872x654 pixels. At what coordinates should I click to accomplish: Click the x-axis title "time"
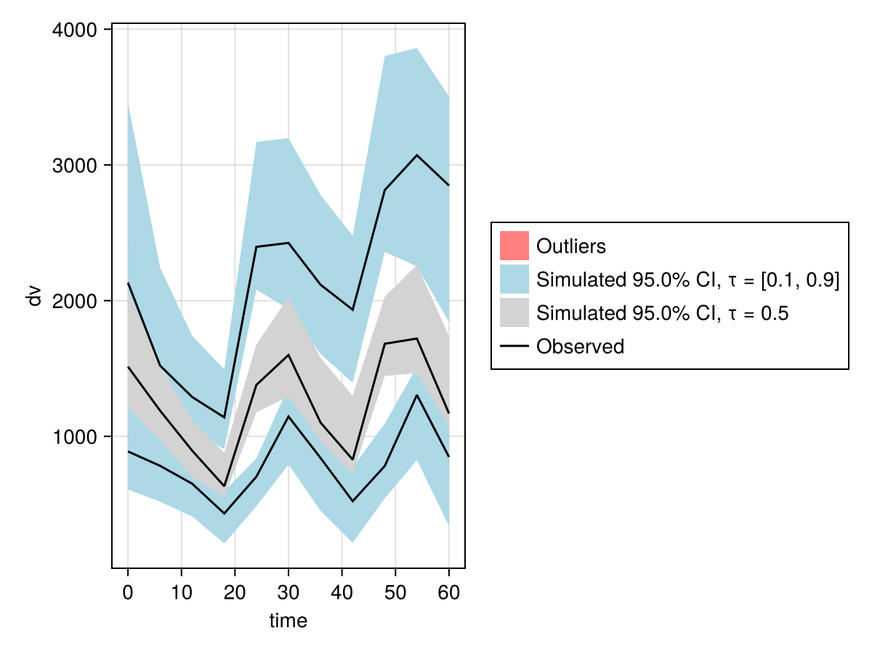coord(288,621)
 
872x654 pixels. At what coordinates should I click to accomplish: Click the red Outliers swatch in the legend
coord(514,246)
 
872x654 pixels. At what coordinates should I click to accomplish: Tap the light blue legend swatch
coord(514,279)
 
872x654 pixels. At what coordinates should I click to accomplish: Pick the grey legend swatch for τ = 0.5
coord(514,313)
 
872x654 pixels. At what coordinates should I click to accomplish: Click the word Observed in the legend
coord(580,347)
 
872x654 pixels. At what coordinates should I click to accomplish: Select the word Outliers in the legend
coord(570,246)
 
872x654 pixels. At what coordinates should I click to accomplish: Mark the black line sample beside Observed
coord(514,347)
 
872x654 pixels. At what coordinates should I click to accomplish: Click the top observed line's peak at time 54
coord(416,156)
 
